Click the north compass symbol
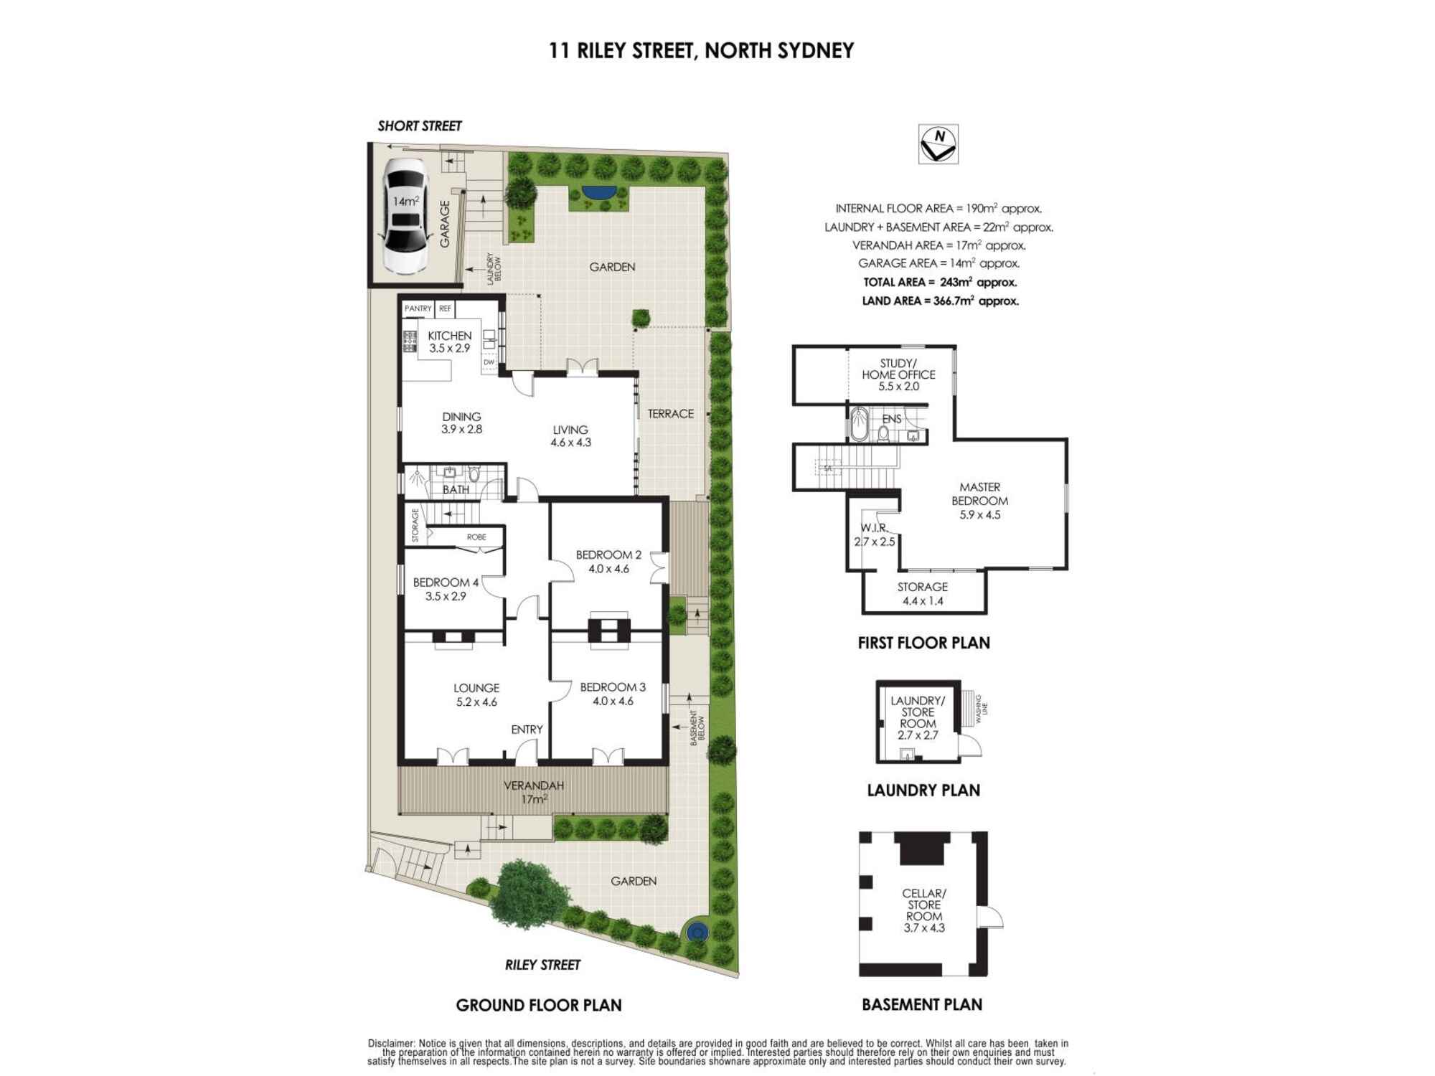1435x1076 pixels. tap(938, 144)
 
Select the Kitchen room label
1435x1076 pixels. tap(450, 341)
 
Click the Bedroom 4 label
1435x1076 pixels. tap(446, 589)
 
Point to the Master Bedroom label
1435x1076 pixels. tap(979, 501)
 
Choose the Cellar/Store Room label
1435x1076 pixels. tap(924, 910)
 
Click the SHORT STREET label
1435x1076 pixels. tap(420, 126)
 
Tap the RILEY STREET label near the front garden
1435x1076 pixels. tap(542, 965)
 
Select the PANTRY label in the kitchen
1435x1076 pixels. tap(418, 308)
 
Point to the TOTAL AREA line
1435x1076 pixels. tap(940, 283)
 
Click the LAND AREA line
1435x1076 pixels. tap(940, 301)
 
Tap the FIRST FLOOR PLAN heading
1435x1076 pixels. tap(923, 643)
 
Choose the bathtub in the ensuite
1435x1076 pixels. tap(860, 424)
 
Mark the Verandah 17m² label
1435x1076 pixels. tap(534, 792)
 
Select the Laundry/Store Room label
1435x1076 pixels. tap(918, 717)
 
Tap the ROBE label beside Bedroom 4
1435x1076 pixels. tap(476, 537)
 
